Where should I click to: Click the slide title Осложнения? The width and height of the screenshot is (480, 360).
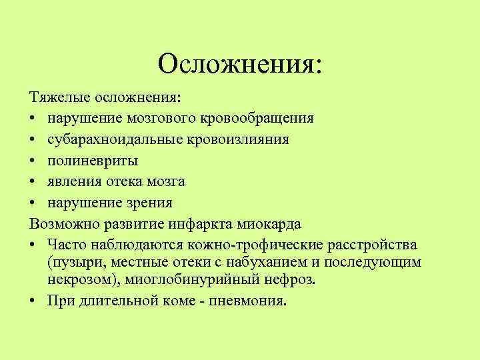coord(239,64)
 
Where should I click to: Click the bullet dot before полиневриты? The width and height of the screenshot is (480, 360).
coord(33,161)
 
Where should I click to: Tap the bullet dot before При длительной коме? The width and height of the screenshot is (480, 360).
coord(33,300)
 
